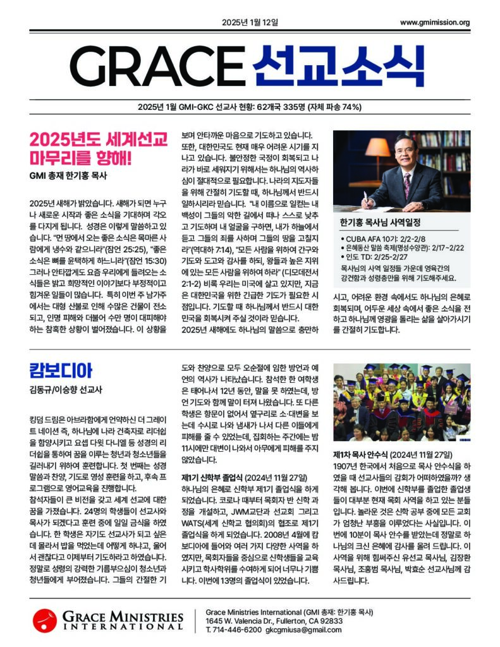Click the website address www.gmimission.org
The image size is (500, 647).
click(x=435, y=23)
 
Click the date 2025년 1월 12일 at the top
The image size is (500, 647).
click(x=250, y=23)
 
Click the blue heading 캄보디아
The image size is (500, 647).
click(x=61, y=370)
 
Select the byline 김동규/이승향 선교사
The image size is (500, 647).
click(x=66, y=390)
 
